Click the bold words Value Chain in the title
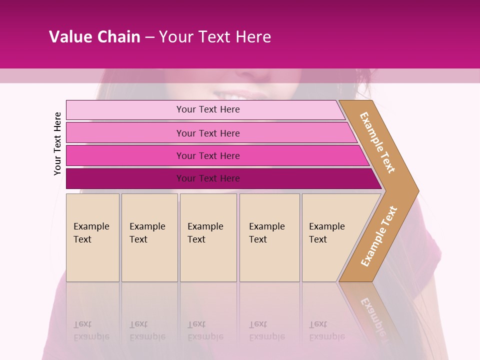pyautogui.click(x=94, y=37)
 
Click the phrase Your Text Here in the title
pyautogui.click(x=215, y=37)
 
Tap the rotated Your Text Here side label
pyautogui.click(x=57, y=143)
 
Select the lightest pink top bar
pyautogui.click(x=207, y=109)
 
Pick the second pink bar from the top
pyautogui.click(x=207, y=133)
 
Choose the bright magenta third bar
pyautogui.click(x=207, y=155)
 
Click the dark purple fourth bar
pyautogui.click(x=207, y=178)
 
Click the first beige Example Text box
pyautogui.click(x=92, y=237)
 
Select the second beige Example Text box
pyautogui.click(x=149, y=237)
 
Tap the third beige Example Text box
pyautogui.click(x=208, y=237)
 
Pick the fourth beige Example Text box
pyautogui.click(x=269, y=237)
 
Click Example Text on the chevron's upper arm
pyautogui.click(x=377, y=142)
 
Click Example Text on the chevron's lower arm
pyautogui.click(x=379, y=236)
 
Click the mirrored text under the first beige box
pyautogui.click(x=91, y=330)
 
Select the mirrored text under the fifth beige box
pyautogui.click(x=326, y=330)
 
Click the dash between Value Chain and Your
pyautogui.click(x=149, y=37)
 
